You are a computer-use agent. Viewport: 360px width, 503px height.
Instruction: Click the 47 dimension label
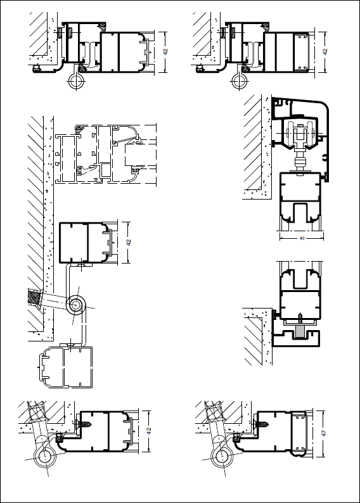[324, 433]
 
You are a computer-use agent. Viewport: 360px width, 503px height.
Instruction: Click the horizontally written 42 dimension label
[302, 238]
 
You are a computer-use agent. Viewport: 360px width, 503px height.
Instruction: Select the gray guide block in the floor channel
[300, 331]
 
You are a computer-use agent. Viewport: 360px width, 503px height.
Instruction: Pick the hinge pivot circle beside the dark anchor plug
[76, 305]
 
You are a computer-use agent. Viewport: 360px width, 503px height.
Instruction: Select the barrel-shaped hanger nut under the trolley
[300, 162]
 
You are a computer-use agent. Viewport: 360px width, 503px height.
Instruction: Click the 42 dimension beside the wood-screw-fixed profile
[148, 431]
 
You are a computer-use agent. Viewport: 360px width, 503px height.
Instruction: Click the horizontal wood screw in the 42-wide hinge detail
[85, 424]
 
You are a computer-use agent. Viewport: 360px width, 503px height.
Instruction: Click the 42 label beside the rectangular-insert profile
[325, 51]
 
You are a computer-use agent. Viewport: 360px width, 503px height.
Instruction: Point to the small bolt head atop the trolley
[300, 125]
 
